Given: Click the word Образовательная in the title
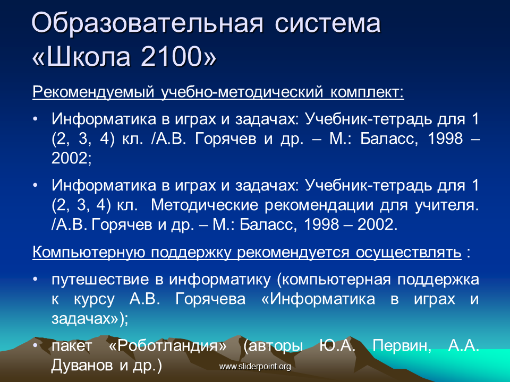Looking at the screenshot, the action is (x=147, y=23).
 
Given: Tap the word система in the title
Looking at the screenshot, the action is (x=328, y=24).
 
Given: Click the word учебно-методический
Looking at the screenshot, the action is (x=242, y=92).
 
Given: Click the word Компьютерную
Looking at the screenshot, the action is (x=89, y=253).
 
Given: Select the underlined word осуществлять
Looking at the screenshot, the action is (x=409, y=253).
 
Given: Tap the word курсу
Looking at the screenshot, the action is (x=95, y=299).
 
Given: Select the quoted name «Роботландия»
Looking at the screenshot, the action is (x=167, y=345).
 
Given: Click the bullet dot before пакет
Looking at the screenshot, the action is (x=35, y=345).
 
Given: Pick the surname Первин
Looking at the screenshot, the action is (x=402, y=345).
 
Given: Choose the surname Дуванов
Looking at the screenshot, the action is (x=82, y=366).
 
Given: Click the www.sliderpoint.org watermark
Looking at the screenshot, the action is (x=255, y=367).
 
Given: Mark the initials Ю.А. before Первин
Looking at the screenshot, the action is (x=337, y=345).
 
